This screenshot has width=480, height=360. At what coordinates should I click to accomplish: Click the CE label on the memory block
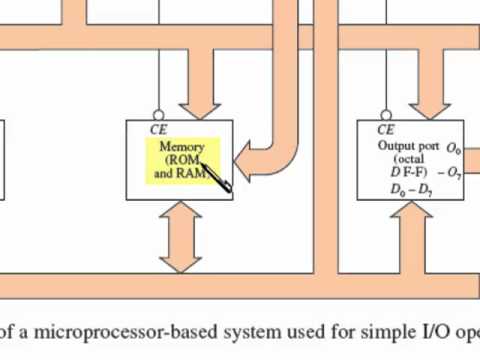tap(158, 129)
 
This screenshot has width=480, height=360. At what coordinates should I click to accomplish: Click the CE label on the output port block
tap(385, 130)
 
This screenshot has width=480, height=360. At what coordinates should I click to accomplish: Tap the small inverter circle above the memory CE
tap(159, 115)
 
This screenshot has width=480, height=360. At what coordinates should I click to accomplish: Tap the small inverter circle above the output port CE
tap(386, 115)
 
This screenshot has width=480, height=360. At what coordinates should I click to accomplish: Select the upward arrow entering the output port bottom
tap(410, 225)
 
